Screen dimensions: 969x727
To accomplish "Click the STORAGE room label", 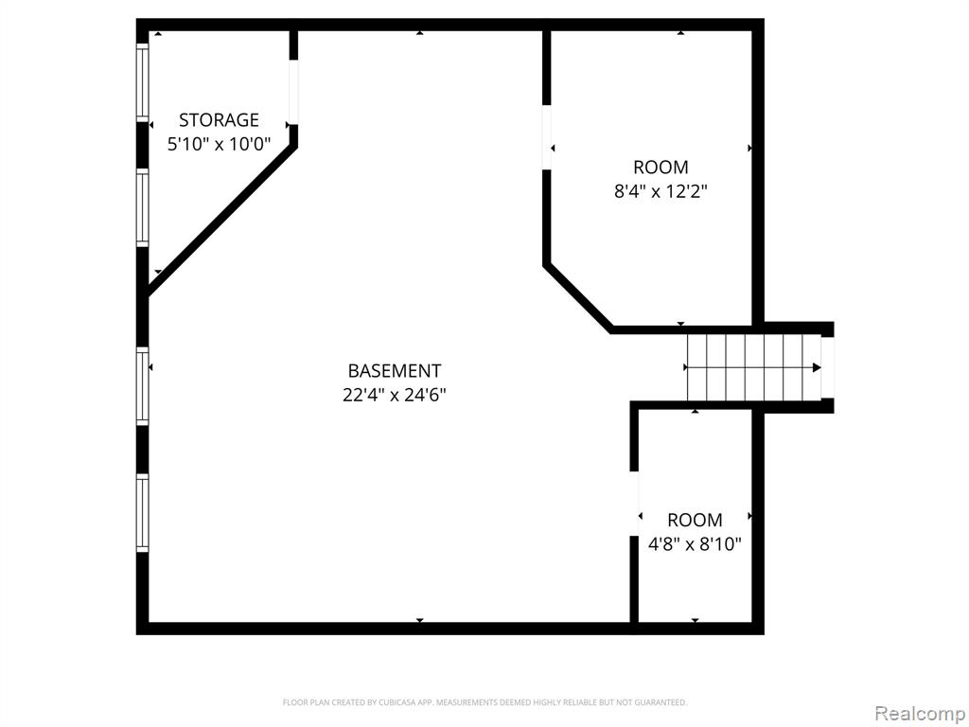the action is (x=219, y=119).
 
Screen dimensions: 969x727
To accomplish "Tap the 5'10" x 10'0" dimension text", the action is (x=219, y=144).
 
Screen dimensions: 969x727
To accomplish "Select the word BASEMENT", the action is (x=395, y=370).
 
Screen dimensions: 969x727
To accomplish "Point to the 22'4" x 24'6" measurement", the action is (x=395, y=395).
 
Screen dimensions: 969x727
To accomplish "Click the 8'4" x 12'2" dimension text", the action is (x=660, y=191).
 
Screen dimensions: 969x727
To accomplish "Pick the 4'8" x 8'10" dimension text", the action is (x=694, y=544).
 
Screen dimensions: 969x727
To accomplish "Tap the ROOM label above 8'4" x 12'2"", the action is (x=661, y=167).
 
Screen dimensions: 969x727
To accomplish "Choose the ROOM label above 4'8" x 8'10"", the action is (x=695, y=520).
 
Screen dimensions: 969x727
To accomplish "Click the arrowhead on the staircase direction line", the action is (x=817, y=368).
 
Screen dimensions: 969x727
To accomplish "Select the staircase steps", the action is (x=754, y=368).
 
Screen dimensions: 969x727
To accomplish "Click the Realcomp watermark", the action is (x=920, y=713).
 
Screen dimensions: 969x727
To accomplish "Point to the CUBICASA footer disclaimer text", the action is (x=484, y=702).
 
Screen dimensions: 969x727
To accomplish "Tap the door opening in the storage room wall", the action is (x=293, y=92).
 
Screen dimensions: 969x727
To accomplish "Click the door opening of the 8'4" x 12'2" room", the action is (x=546, y=137).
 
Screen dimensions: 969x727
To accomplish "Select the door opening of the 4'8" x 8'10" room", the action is (x=634, y=504).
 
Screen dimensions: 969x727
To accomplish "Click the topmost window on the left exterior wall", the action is (x=143, y=82).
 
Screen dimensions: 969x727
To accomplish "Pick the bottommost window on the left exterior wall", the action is (x=143, y=512).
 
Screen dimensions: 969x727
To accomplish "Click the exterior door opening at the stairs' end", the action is (x=827, y=368).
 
